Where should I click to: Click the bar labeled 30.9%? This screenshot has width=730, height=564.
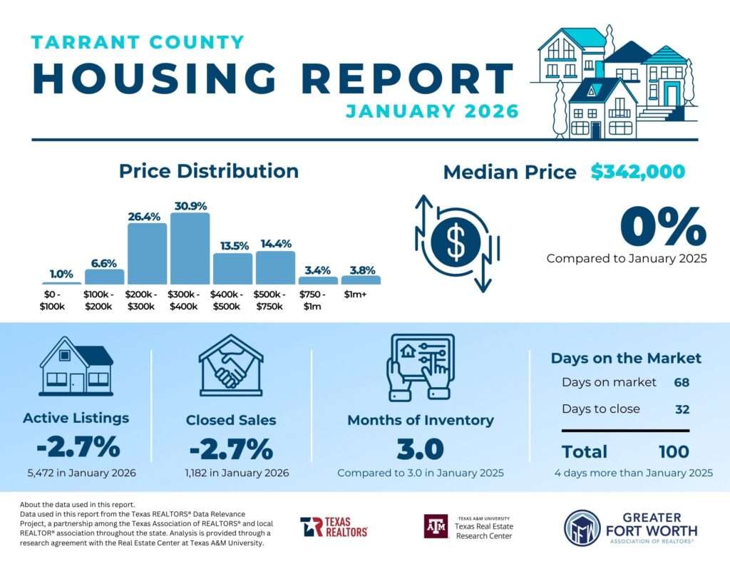coord(190,249)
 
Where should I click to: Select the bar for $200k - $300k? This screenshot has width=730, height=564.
coord(147,254)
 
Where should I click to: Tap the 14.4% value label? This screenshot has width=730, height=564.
coord(275,243)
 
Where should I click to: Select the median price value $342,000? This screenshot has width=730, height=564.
coord(637,172)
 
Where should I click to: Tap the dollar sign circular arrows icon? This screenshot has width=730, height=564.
coord(456,243)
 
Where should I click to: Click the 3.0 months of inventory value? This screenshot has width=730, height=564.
coord(420,449)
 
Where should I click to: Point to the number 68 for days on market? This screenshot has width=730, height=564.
coord(682,382)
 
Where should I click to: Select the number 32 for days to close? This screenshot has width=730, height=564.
coord(682,409)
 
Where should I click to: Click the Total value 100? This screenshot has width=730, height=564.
coord(674,451)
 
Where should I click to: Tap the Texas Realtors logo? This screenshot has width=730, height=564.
coord(334,527)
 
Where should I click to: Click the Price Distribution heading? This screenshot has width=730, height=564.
coord(208,171)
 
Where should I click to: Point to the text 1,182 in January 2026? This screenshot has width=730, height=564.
coord(230,473)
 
